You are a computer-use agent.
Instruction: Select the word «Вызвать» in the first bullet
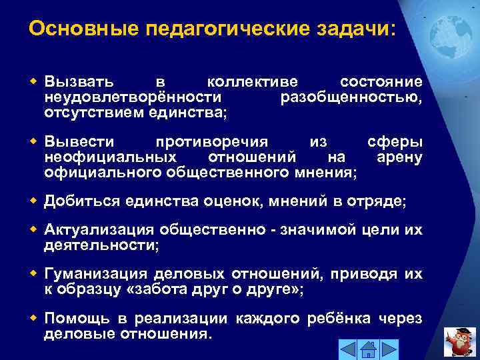[79, 83]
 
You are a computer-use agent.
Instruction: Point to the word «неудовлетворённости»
[123, 98]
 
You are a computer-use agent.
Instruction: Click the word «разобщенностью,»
[351, 98]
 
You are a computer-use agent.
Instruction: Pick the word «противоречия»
[212, 142]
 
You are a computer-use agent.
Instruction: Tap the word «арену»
[399, 157]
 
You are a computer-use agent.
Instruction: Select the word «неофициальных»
[110, 157]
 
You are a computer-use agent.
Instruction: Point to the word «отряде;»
[381, 201]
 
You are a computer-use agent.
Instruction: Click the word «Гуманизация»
[96, 274]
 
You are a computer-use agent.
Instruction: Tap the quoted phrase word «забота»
[155, 289]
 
